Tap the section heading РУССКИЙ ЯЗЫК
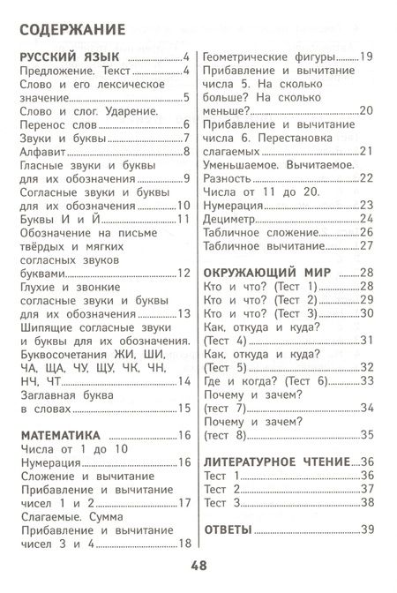(x=61, y=59)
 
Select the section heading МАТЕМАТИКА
(x=58, y=435)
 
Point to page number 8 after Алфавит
(x=187, y=154)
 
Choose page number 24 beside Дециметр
(x=367, y=218)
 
